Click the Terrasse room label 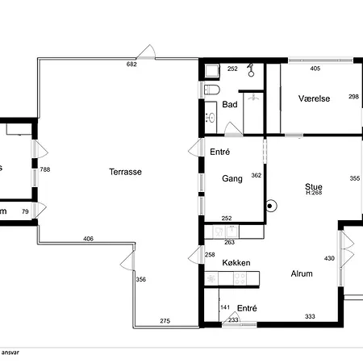(x=127, y=172)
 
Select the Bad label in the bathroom (x=230, y=105)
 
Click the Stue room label (x=314, y=186)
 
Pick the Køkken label (x=236, y=263)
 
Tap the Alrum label (x=302, y=274)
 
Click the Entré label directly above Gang (x=220, y=152)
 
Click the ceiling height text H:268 (x=314, y=194)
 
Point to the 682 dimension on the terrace (x=131, y=64)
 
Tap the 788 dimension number (x=45, y=169)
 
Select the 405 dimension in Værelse (x=315, y=69)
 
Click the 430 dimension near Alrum (x=329, y=258)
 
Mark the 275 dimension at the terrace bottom (x=165, y=322)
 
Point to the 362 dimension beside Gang (x=257, y=176)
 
